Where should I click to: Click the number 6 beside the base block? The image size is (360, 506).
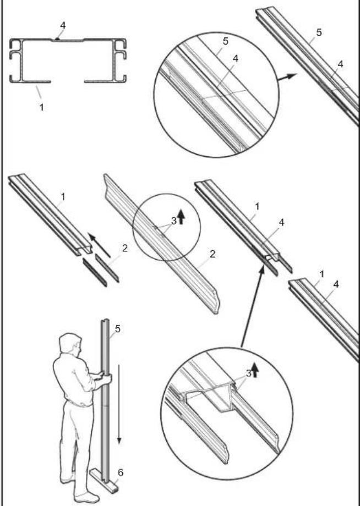pos(121,473)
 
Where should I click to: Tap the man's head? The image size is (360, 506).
pos(69,344)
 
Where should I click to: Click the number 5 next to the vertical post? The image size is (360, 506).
pos(118,329)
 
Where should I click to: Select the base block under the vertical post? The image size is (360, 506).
pos(104,481)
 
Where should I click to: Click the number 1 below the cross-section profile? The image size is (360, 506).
pos(41,107)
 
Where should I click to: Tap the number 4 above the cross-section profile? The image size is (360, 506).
pos(63,25)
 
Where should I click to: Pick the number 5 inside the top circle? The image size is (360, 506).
pos(225,41)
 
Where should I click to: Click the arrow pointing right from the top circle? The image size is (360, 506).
pos(287,77)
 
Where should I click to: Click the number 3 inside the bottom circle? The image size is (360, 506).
pos(248,373)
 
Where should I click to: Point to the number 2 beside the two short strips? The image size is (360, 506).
pos(125,248)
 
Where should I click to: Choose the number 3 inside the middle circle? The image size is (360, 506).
pos(174,221)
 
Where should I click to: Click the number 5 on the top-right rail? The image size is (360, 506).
pos(319,32)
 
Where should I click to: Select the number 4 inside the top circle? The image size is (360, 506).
pos(236,59)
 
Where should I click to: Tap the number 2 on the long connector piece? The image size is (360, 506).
pos(212,254)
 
